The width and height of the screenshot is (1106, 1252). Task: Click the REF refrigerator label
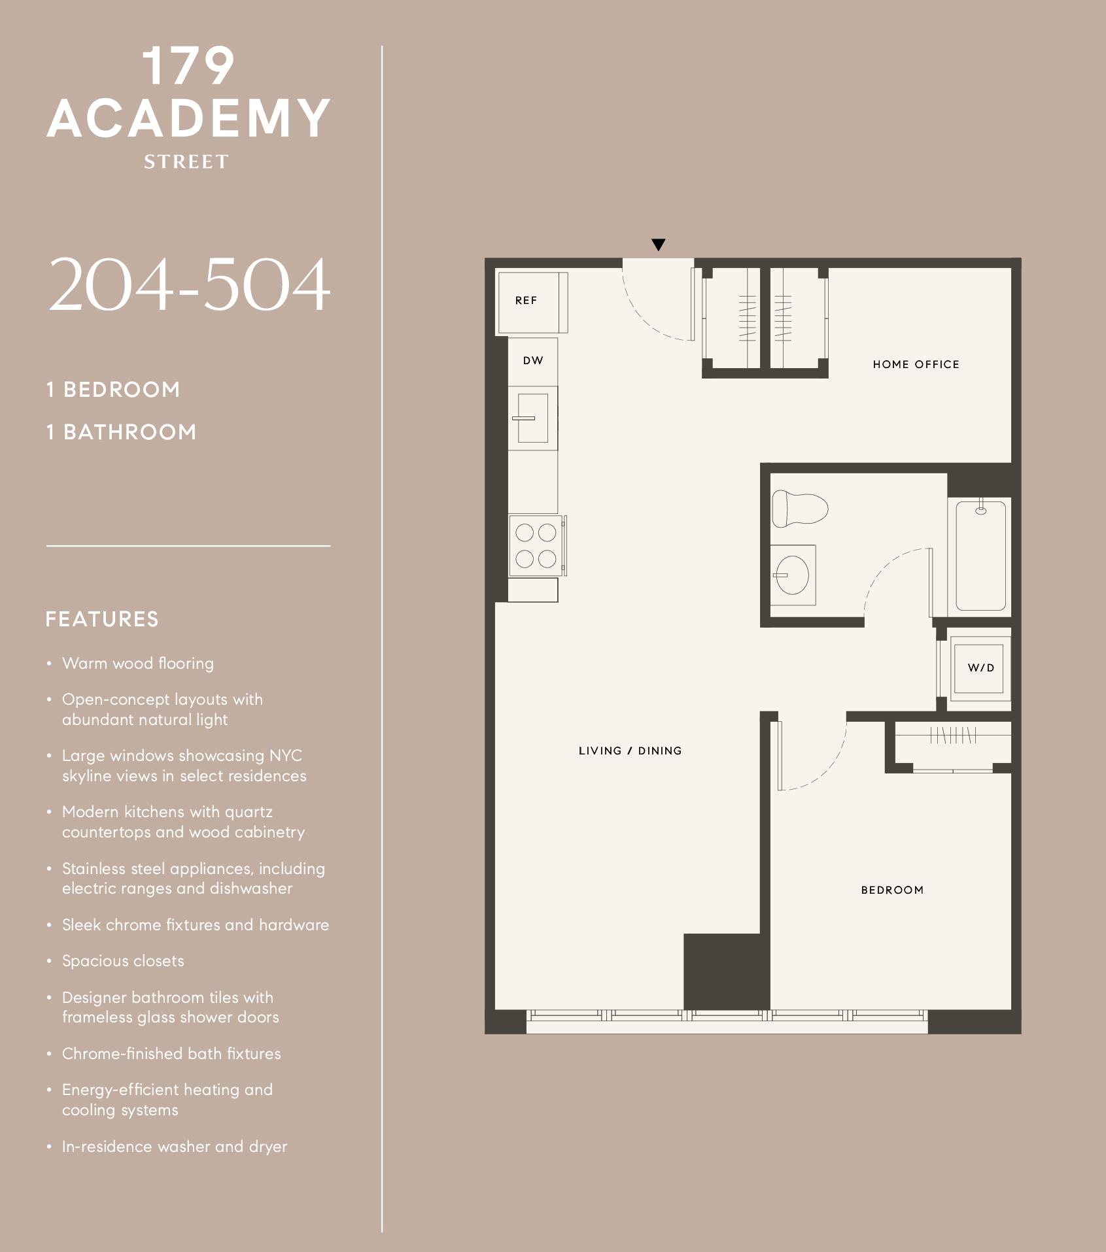(x=526, y=301)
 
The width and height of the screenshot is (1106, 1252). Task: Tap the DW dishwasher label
(x=533, y=360)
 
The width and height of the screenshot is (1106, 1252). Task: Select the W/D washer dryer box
(x=980, y=668)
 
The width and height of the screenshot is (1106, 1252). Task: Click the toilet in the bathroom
(x=799, y=509)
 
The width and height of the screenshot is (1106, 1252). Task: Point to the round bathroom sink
(x=792, y=575)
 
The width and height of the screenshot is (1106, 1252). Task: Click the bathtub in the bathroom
(x=980, y=555)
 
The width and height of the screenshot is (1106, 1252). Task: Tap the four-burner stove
(x=536, y=546)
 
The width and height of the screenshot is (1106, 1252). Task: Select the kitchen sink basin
(x=533, y=418)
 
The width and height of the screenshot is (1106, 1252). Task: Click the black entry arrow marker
(x=659, y=245)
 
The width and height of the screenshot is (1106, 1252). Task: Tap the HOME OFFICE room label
(x=916, y=364)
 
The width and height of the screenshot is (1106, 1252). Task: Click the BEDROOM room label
(x=892, y=890)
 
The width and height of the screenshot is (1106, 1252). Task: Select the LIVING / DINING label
(x=630, y=751)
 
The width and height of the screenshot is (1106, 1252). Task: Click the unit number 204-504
(x=189, y=285)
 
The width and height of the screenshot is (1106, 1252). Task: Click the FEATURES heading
(x=102, y=619)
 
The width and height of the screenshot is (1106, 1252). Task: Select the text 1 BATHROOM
(x=121, y=432)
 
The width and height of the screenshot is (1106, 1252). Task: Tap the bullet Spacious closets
(x=123, y=961)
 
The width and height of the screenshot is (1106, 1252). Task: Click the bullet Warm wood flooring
(x=137, y=664)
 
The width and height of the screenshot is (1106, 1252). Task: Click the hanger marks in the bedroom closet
(x=952, y=736)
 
